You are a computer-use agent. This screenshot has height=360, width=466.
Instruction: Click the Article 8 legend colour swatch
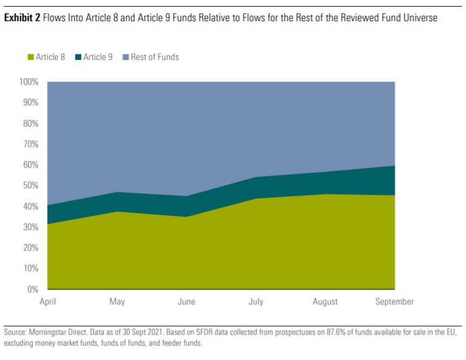click(x=30, y=57)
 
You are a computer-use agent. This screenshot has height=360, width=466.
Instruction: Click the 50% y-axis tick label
click(x=30, y=185)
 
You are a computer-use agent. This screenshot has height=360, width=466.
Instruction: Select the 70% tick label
click(x=30, y=144)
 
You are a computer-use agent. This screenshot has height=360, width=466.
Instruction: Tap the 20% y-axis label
click(x=30, y=247)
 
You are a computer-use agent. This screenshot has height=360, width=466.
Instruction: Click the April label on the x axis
click(x=47, y=301)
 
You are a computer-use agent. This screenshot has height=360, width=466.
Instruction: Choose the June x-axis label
click(x=186, y=301)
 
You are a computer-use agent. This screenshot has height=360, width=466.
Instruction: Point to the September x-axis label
click(x=394, y=301)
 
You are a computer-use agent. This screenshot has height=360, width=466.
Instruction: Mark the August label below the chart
click(x=325, y=301)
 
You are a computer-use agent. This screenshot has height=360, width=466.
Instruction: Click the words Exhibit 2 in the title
click(x=22, y=18)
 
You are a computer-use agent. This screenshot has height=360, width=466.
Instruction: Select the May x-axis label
click(x=117, y=301)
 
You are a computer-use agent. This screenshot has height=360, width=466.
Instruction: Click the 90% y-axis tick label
click(x=30, y=102)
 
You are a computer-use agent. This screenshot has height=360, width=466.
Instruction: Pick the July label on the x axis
click(x=256, y=301)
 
